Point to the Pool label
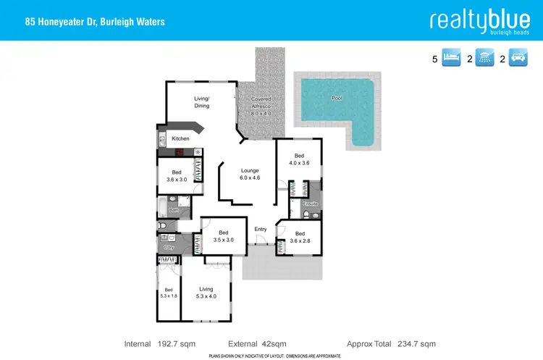pyautogui.click(x=336, y=98)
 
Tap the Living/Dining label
pyautogui.click(x=201, y=102)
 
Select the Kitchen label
pyautogui.click(x=180, y=138)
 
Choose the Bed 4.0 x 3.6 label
pyautogui.click(x=299, y=159)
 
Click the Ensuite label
pyautogui.click(x=311, y=204)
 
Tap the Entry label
pyautogui.click(x=261, y=230)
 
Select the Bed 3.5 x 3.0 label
pyautogui.click(x=224, y=236)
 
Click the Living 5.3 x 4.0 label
pyautogui.click(x=206, y=293)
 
